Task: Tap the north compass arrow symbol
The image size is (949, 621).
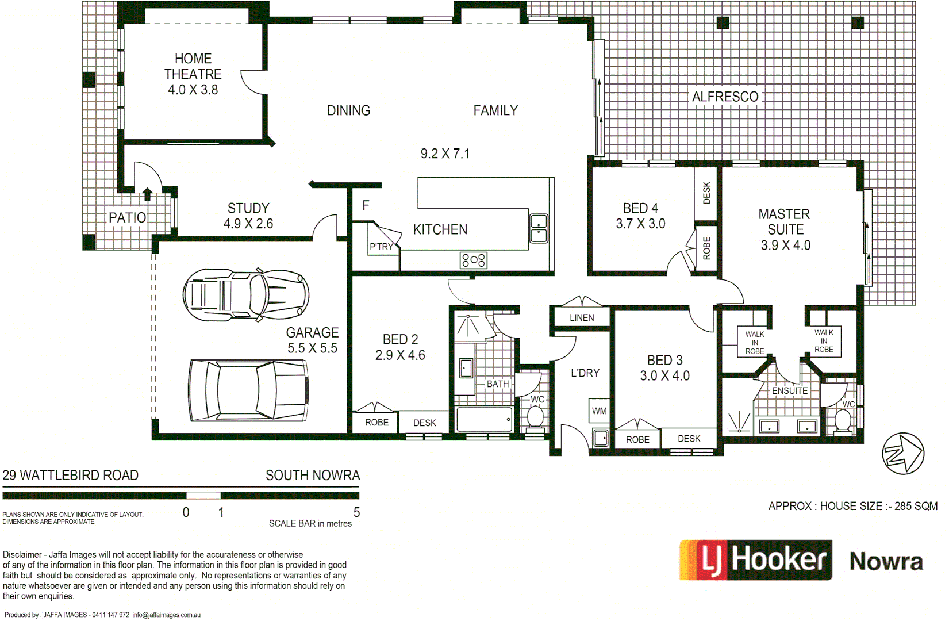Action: point(903,453)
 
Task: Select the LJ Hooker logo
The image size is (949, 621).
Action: point(756,560)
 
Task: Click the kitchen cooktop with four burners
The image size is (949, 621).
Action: point(474,260)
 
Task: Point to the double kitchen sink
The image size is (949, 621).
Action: point(539,228)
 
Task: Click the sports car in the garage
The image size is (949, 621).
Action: point(246,294)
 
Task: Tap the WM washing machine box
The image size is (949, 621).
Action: point(599,411)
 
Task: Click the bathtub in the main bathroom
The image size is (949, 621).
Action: point(485,419)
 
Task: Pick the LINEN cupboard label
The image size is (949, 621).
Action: point(582,317)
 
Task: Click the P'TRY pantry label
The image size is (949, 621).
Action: point(381,247)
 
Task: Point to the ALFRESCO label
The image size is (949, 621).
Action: point(725,97)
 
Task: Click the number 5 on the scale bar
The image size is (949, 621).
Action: point(356,512)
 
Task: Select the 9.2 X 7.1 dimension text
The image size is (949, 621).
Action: point(445,154)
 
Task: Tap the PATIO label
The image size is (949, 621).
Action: point(127,217)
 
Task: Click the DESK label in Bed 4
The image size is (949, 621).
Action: point(706,193)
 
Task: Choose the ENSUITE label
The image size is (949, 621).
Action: point(789,390)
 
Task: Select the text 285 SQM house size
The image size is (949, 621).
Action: point(916,506)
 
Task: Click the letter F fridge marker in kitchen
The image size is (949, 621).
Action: point(366,205)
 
